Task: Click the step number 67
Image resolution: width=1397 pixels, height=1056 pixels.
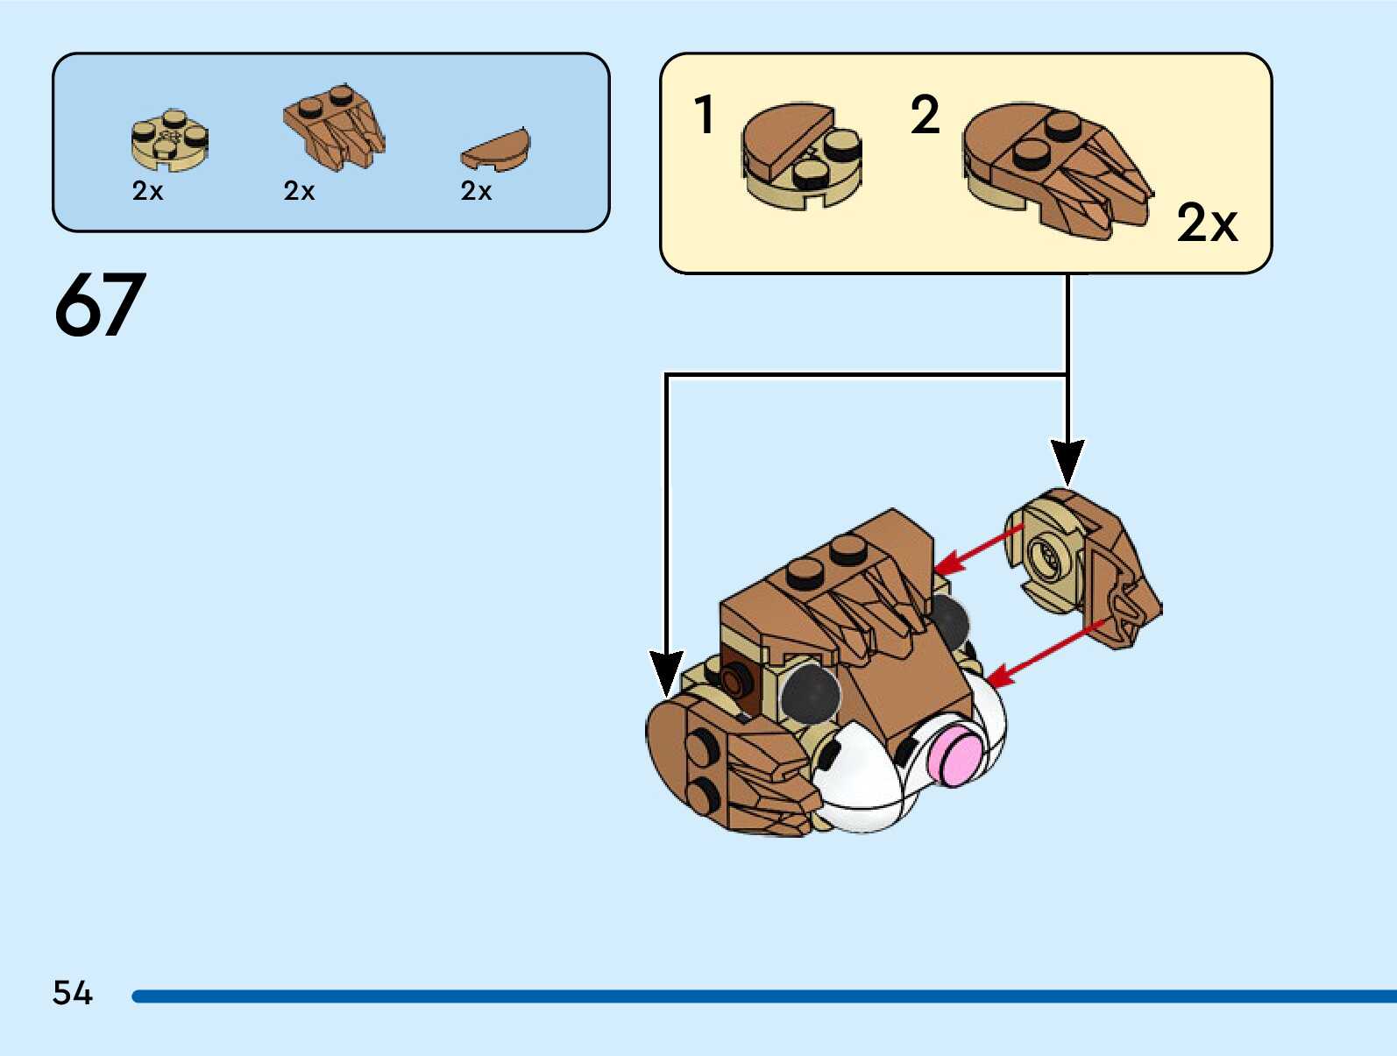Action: click(99, 304)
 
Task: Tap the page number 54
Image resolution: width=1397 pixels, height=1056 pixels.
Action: click(72, 993)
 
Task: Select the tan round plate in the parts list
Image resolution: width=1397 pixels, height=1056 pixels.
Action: click(169, 141)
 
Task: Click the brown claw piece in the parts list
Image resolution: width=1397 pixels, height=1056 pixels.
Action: click(335, 126)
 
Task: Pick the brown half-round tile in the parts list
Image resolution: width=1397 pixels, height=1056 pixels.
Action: click(496, 150)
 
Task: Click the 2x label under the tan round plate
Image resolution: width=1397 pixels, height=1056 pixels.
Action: click(147, 191)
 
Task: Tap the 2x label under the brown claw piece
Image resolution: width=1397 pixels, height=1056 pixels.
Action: click(299, 191)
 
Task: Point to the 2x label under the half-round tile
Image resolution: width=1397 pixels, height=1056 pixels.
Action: click(476, 191)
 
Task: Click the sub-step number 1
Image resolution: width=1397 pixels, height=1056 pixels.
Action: click(704, 115)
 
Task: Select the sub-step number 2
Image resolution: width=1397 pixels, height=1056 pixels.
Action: click(925, 115)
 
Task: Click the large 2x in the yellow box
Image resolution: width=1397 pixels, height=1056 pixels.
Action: click(1207, 223)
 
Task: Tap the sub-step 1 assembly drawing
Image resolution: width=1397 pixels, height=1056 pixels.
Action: click(801, 156)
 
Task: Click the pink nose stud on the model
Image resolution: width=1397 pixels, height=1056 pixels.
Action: click(954, 756)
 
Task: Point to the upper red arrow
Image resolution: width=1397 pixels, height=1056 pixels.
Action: click(979, 549)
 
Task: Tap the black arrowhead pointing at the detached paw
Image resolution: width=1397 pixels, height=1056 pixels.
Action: click(1067, 461)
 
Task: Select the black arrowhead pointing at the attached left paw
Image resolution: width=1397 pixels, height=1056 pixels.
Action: click(667, 673)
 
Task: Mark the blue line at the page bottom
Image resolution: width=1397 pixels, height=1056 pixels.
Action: click(762, 996)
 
